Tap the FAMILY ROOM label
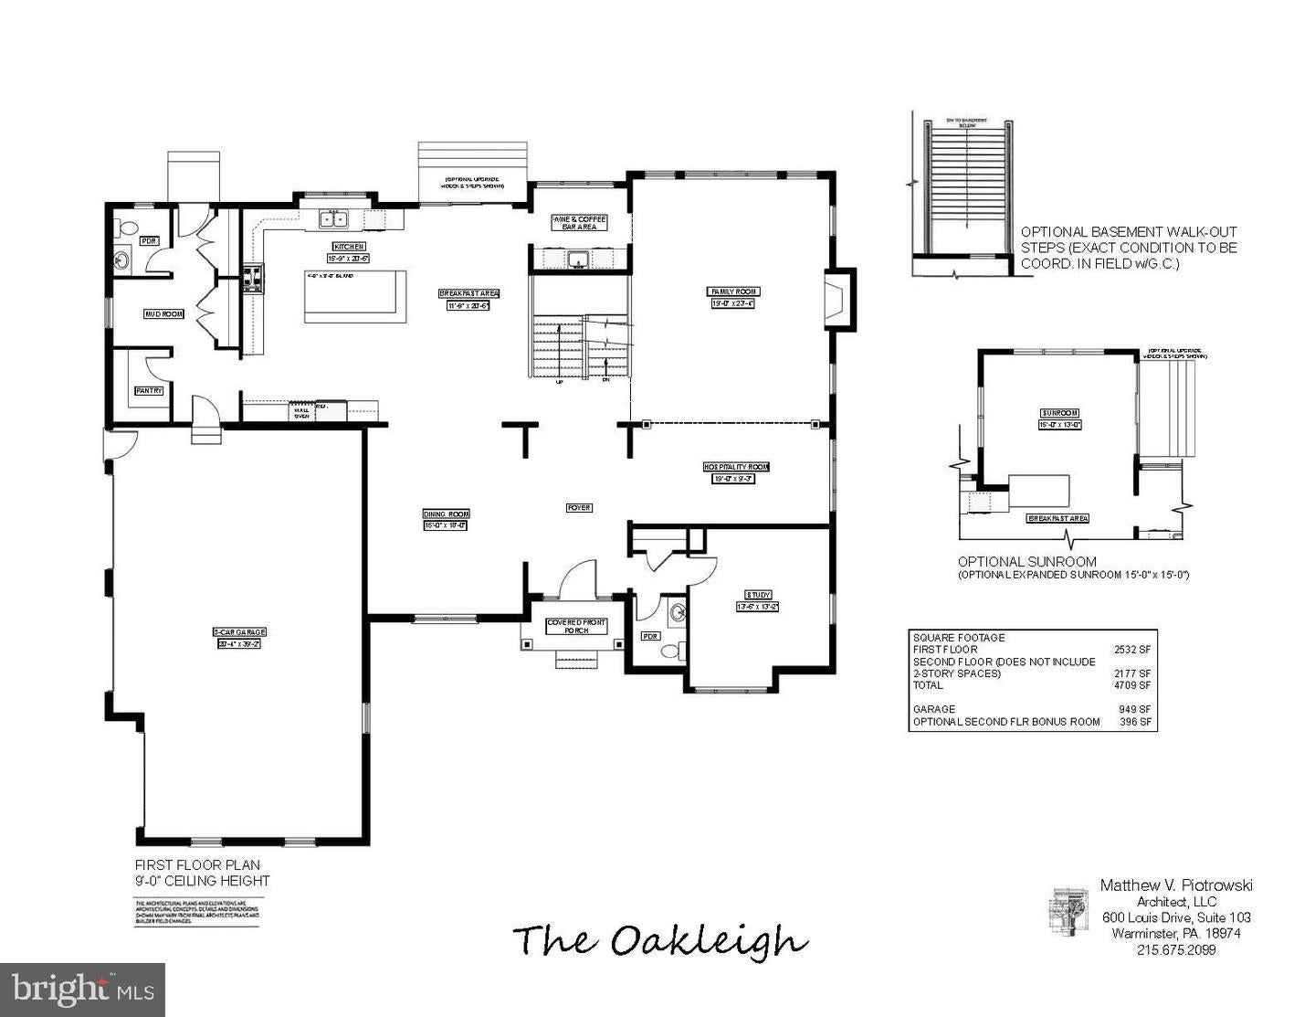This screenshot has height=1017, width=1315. coord(734,291)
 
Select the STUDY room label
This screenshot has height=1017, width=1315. coord(757,595)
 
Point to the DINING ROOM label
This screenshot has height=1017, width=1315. coord(446,514)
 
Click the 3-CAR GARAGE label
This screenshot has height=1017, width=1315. coord(239,631)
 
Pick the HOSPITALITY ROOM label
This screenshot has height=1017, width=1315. coord(736,466)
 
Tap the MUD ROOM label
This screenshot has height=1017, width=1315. coord(163,313)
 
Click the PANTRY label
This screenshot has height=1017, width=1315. coord(149,390)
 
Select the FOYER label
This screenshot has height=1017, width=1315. coord(579,507)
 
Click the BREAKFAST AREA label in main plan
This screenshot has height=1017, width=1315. coord(468,293)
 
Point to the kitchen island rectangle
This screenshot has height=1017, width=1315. coord(355,296)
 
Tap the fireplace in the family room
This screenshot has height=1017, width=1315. coord(837,298)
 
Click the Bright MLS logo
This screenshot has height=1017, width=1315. coord(82,990)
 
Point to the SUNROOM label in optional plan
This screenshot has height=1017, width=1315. coord(1058,412)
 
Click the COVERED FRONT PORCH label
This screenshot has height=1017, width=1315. coord(576,626)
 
